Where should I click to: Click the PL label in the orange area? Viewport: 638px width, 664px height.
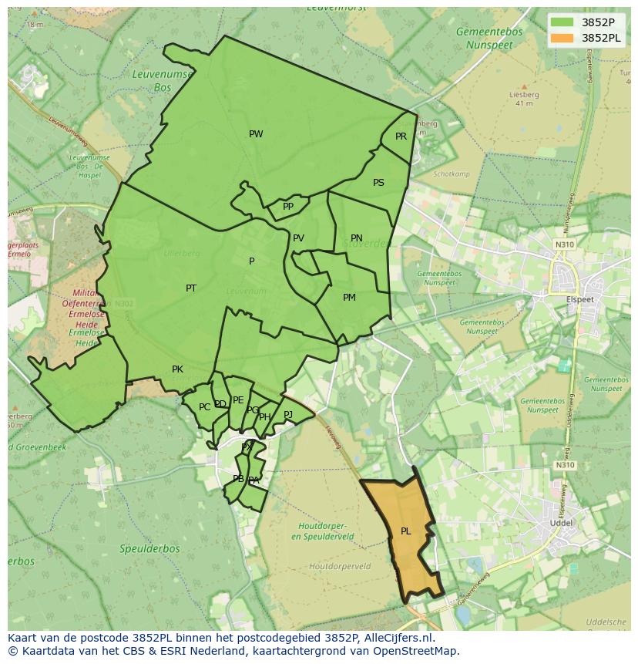click(x=405, y=531)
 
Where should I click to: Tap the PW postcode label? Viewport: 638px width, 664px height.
click(x=256, y=134)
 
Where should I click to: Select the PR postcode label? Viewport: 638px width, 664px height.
click(x=401, y=137)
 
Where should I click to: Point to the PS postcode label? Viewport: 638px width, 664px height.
click(x=378, y=183)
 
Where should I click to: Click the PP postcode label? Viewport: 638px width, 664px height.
click(x=288, y=207)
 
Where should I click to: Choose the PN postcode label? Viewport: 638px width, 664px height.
click(x=356, y=238)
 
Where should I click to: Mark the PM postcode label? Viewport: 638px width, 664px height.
click(x=349, y=298)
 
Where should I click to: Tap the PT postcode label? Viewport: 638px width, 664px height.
click(x=191, y=288)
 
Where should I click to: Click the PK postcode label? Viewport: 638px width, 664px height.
click(x=177, y=369)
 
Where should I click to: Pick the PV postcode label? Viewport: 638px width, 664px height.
click(x=298, y=238)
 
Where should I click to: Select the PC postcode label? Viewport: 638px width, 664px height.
click(x=204, y=407)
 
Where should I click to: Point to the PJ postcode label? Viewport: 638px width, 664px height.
click(x=288, y=415)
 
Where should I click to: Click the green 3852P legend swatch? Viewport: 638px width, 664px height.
click(x=562, y=22)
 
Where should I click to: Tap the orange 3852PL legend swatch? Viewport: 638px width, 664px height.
click(x=562, y=37)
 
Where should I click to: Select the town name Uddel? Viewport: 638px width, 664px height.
click(x=559, y=522)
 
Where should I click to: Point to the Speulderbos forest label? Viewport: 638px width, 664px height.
click(x=149, y=549)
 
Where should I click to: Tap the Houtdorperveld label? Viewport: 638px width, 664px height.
click(x=339, y=566)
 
